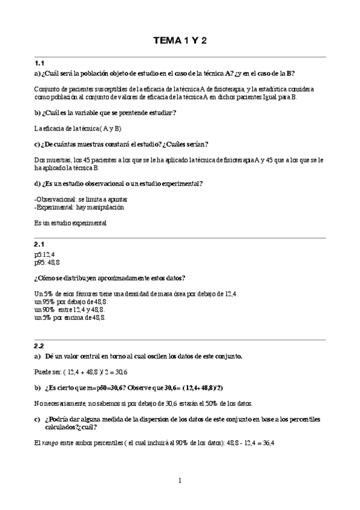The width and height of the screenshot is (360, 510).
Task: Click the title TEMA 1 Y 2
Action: pos(180,41)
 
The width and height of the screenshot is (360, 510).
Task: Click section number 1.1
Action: pos(40,63)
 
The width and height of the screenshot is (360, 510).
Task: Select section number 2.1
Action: pos(40,244)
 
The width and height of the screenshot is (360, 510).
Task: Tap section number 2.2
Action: pos(40,346)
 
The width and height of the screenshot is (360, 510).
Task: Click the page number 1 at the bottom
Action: pos(179,481)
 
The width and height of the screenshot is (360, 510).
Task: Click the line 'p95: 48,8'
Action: pos(47,262)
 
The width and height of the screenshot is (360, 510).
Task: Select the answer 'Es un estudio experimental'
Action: pos(70,223)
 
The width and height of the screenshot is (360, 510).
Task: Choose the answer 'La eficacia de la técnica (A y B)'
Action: pos(78,128)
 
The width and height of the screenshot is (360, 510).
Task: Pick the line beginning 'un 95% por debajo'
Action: pos(72,301)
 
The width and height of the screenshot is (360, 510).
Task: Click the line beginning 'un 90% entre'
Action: pos(71,309)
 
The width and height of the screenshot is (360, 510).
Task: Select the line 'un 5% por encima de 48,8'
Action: pos(70,317)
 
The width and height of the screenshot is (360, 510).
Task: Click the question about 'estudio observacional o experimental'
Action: pos(118,183)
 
